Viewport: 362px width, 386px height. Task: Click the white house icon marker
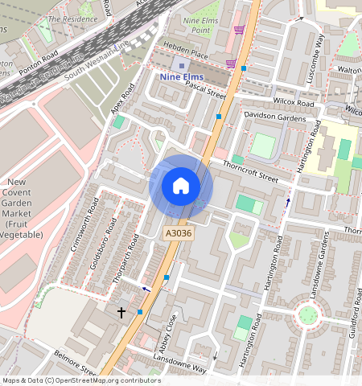[x=181, y=187]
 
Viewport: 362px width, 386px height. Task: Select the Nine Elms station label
[x=181, y=76]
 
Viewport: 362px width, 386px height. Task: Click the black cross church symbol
[x=122, y=311]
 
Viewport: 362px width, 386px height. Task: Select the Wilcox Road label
[x=293, y=103]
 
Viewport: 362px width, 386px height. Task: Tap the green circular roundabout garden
[x=307, y=314]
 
